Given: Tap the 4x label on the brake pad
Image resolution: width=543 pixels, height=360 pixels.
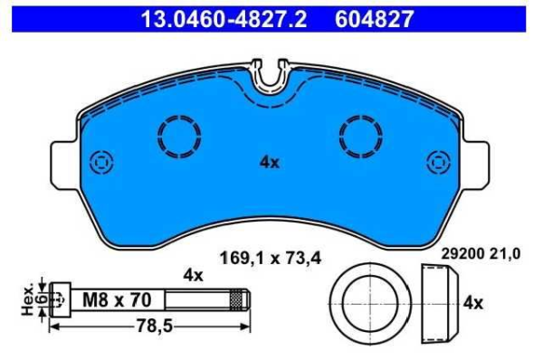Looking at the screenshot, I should point(269,163).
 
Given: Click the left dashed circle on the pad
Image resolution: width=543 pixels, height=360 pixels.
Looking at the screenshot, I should point(177,138).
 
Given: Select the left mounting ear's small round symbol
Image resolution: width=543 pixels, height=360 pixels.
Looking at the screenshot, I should point(99,162).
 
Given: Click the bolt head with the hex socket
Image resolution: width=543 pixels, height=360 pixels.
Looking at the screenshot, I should point(61,298).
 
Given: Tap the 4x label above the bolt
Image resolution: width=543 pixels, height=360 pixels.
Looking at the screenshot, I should point(192,274).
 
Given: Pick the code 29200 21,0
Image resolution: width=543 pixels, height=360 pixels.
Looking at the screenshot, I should point(481,256).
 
